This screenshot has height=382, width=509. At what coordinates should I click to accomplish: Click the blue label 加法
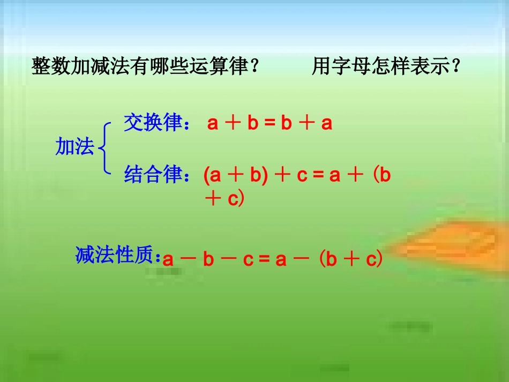tap(74, 147)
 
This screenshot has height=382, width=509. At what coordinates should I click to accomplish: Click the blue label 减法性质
tap(115, 256)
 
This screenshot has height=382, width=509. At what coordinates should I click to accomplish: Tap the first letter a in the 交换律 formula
tap(213, 124)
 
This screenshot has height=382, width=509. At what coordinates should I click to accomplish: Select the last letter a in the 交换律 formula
tap(327, 124)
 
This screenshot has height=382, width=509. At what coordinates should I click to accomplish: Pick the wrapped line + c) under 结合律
tap(224, 199)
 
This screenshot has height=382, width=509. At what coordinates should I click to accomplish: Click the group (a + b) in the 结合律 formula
tap(236, 176)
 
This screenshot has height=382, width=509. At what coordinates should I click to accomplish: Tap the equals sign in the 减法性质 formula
tap(264, 260)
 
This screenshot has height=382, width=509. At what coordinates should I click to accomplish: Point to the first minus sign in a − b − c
tap(188, 260)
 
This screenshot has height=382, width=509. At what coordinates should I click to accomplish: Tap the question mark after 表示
tap(456, 67)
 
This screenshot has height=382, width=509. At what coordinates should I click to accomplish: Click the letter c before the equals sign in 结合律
tap(302, 176)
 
